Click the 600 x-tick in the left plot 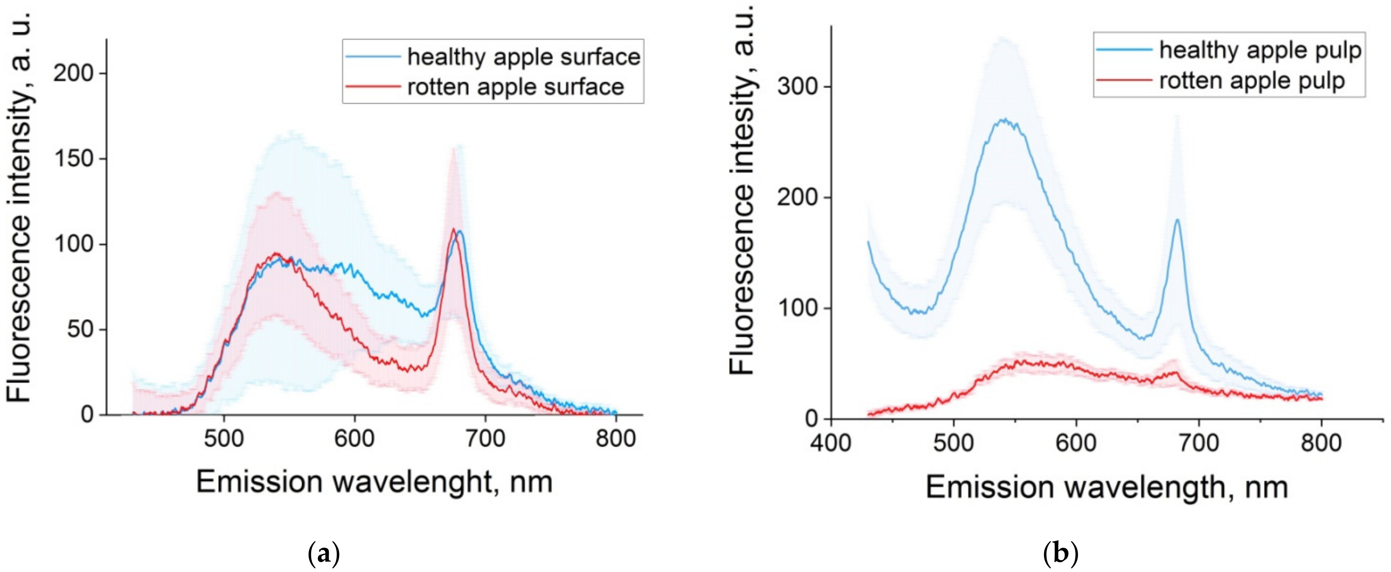click(354, 438)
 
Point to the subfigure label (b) click(1061, 554)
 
